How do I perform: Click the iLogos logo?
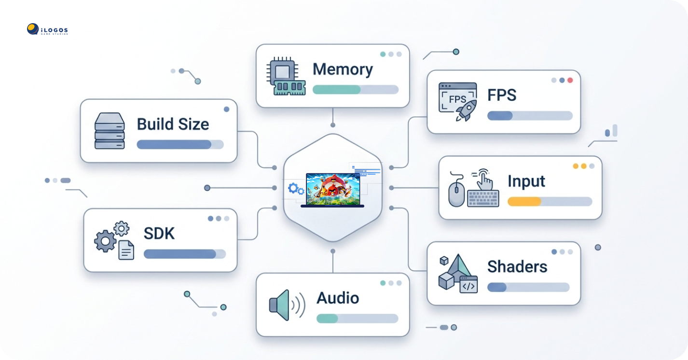47,30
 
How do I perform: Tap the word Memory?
343,69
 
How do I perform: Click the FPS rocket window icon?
457,102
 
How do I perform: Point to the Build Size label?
173,124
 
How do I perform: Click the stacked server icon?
110,131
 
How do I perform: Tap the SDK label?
159,234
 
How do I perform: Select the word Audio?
338,298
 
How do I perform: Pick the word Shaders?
517,266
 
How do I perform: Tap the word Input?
526,181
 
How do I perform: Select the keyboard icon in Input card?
483,197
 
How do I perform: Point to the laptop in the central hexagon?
332,189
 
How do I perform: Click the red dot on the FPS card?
570,80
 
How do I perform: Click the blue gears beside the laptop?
295,189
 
